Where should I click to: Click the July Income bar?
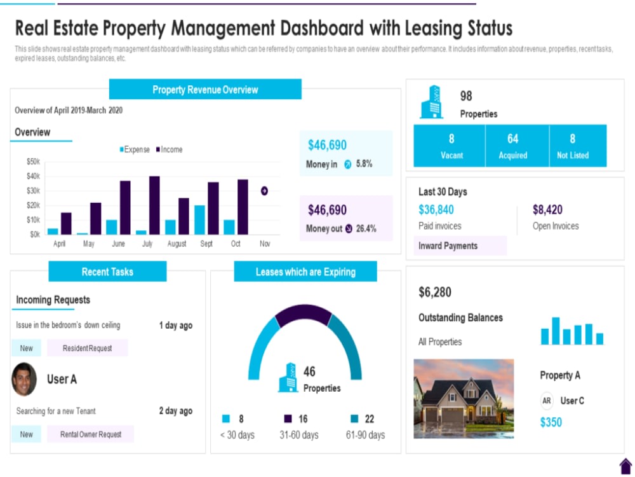tap(154, 205)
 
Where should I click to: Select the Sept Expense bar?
tap(199, 219)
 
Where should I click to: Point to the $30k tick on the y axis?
tap(33, 191)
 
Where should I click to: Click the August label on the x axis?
tap(177, 244)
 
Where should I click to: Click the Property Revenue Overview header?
tap(205, 90)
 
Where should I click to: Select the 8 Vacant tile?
tap(451, 146)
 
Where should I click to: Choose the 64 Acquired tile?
tap(512, 146)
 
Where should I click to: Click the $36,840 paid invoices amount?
tap(436, 210)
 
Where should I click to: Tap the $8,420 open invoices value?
tap(547, 210)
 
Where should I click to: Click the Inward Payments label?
tap(448, 246)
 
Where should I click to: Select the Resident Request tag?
tap(88, 348)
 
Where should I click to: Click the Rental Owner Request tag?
tap(90, 434)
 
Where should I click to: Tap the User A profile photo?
tap(24, 379)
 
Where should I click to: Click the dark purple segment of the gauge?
tap(304, 314)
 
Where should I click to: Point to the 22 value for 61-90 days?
tap(369, 418)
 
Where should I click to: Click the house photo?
tap(464, 399)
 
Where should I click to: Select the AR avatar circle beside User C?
tap(547, 401)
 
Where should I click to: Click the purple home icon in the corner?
tap(625, 466)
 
